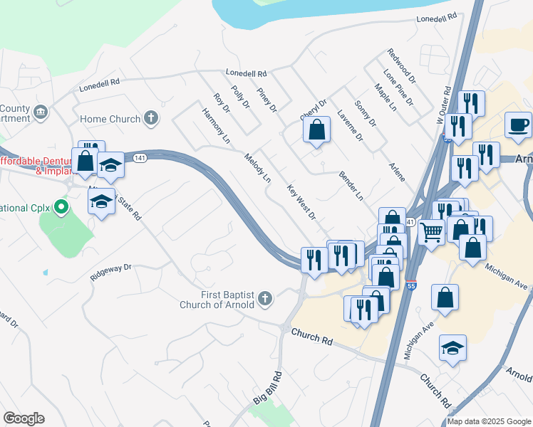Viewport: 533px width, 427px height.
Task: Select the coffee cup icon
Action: point(518,125)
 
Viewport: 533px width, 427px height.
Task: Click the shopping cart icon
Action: point(431,231)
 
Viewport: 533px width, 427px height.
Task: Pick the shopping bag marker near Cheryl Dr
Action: point(316,130)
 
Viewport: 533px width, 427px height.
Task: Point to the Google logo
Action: point(24,418)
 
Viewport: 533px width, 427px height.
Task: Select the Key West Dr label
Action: point(301,202)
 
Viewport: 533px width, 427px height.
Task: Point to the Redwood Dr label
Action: point(401,65)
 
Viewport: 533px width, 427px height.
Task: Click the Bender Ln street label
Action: point(351,185)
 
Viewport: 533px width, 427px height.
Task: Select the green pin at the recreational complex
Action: point(61,208)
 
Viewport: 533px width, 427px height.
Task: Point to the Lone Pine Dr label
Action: point(398,88)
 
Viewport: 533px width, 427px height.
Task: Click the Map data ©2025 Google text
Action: point(489,421)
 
